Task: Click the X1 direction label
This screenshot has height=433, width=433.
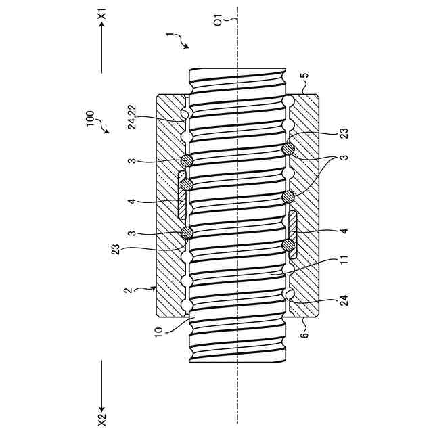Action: (x=102, y=14)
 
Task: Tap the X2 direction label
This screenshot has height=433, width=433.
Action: (x=102, y=419)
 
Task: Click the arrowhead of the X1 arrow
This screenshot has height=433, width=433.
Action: (x=102, y=25)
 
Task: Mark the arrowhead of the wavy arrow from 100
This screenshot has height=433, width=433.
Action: (x=107, y=133)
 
